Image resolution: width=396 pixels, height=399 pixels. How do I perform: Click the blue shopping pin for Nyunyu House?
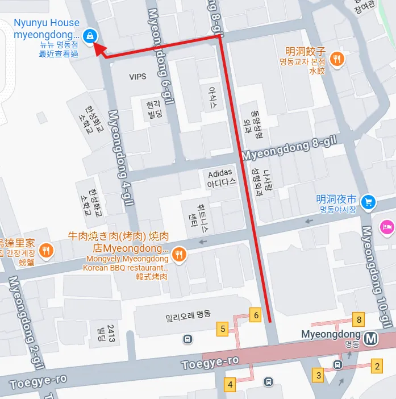click(89, 36)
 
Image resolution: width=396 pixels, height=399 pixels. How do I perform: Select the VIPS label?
click(137, 77)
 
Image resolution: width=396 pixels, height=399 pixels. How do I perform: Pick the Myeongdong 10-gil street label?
click(376, 277)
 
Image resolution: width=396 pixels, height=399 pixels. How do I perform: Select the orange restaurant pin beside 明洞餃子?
click(337, 57)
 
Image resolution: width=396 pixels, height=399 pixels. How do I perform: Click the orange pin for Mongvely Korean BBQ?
click(180, 254)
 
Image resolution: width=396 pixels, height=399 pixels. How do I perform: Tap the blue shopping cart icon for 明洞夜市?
click(369, 201)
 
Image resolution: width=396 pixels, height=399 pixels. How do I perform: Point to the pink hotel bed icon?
click(389, 225)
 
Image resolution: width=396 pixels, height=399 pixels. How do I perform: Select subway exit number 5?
click(223, 329)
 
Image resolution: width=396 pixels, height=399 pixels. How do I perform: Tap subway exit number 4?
click(230, 384)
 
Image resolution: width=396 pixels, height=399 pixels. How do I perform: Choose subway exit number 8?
click(359, 319)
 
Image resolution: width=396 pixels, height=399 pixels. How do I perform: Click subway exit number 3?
click(319, 375)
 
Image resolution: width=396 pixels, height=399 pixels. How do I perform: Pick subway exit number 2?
click(376, 366)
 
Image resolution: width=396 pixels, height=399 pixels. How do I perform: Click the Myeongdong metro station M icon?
click(372, 338)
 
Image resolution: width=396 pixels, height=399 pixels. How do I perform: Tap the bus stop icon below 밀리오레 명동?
click(187, 339)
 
